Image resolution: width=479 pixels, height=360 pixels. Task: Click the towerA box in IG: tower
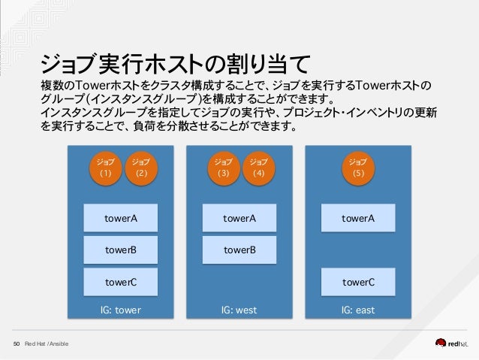pos(121,219)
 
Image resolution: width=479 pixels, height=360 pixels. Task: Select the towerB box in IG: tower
pos(121,250)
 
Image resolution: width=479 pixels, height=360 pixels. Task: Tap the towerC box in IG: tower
pos(121,283)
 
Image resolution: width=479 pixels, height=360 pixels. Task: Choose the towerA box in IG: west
pos(239,219)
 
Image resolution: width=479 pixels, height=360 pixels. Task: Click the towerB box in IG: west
pos(239,250)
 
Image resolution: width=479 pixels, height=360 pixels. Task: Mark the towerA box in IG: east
pos(358,219)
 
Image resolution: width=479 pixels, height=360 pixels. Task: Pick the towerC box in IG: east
pos(358,283)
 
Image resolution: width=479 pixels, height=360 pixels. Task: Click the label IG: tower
pos(121,310)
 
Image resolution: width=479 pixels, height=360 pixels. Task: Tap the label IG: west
pos(239,310)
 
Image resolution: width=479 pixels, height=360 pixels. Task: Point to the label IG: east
pos(358,310)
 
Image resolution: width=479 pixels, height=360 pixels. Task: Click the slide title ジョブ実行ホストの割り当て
pos(175,62)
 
